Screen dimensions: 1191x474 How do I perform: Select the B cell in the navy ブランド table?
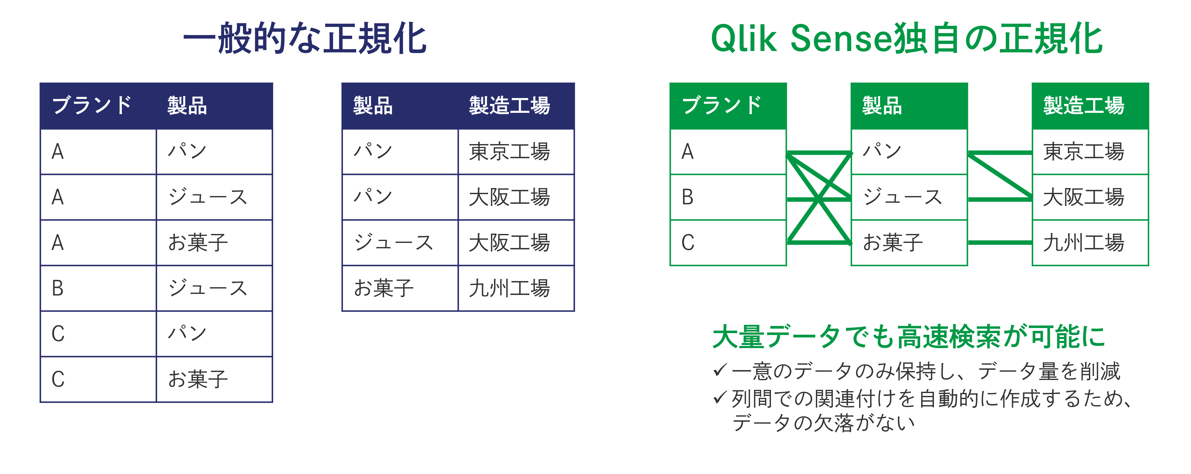(x=99, y=288)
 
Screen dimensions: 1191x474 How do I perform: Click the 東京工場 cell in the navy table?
(x=516, y=151)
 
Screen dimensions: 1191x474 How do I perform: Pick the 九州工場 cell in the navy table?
(x=516, y=288)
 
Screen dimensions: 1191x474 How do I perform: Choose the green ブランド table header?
(x=728, y=106)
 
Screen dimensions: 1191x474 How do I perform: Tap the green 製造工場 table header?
(x=1090, y=106)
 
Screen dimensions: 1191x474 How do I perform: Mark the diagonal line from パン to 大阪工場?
(x=1000, y=176)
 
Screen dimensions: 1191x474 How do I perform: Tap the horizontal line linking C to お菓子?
(x=819, y=242)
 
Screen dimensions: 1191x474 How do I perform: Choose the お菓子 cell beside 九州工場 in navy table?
(x=400, y=288)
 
